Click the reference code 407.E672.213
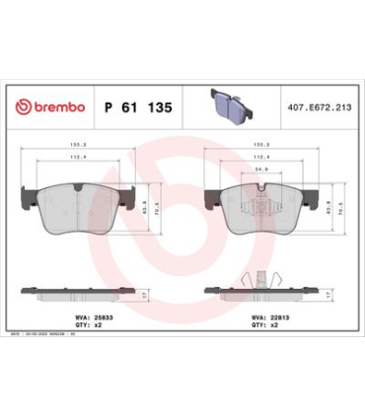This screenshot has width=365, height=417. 316,106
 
